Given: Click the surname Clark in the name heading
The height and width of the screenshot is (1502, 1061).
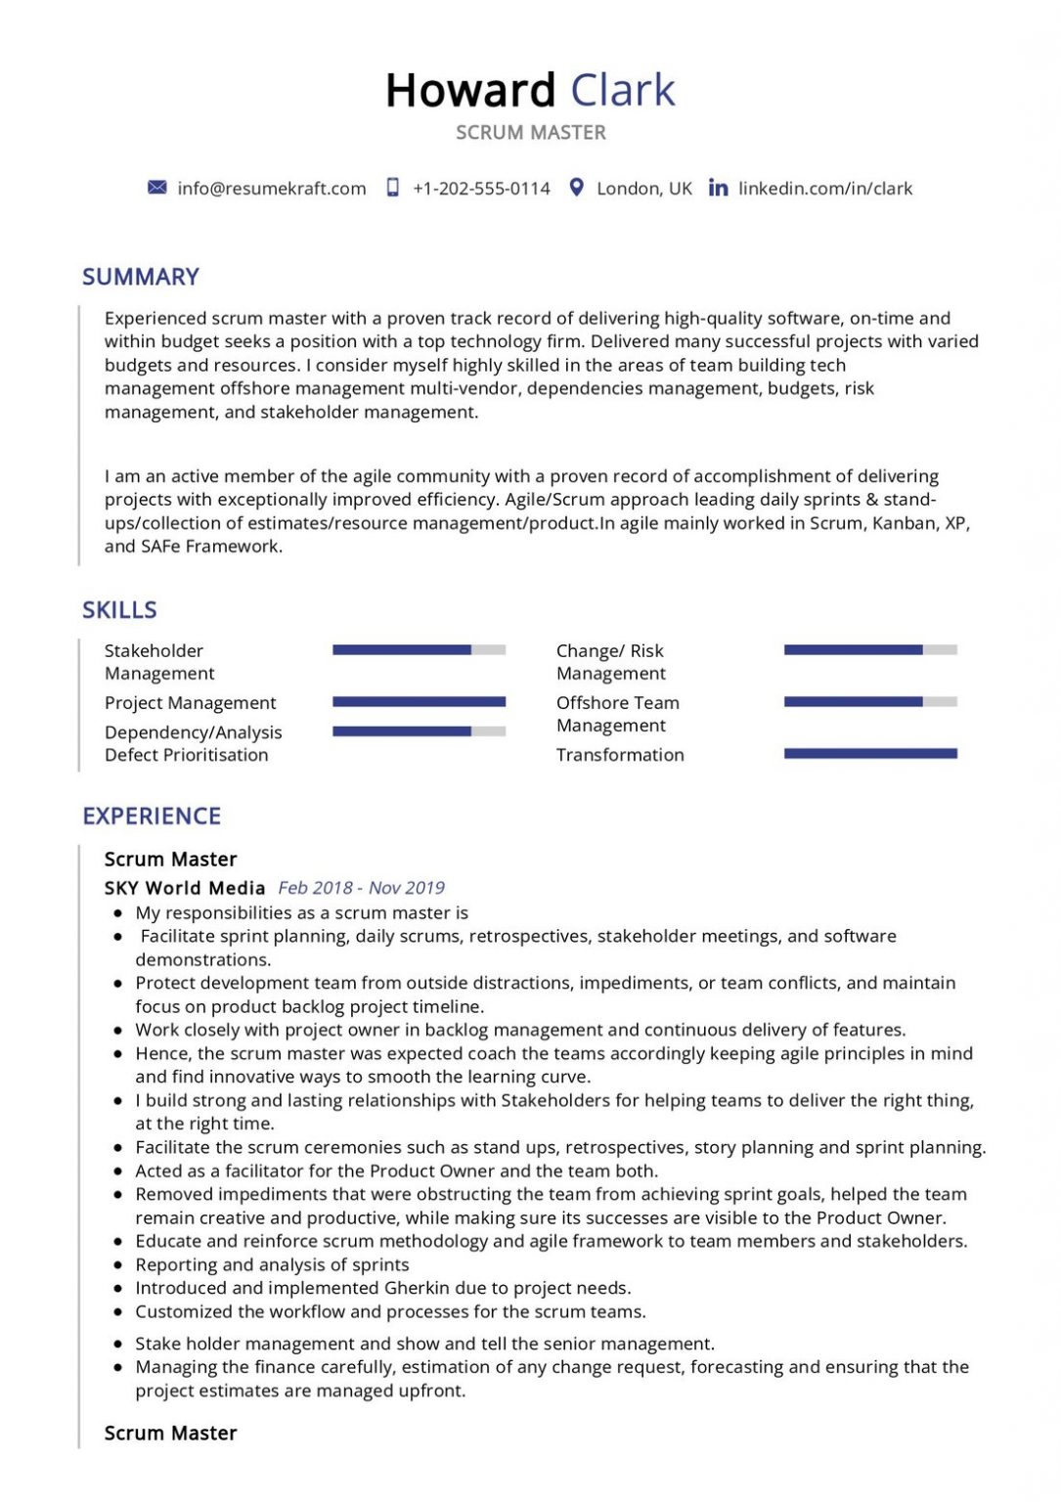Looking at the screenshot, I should click(622, 90).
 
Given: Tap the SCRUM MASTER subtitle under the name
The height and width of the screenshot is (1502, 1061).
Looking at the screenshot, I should click(531, 132).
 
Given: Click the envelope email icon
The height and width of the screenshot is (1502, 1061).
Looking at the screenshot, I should click(156, 187).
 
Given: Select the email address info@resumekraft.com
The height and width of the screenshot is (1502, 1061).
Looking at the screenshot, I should click(272, 189).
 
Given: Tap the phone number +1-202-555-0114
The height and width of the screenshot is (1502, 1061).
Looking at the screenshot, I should click(481, 189).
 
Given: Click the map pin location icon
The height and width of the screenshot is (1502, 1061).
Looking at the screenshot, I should click(577, 187).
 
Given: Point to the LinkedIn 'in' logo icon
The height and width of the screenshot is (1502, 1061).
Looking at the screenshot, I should click(718, 187).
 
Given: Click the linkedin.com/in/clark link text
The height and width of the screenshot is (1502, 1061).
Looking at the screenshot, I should click(825, 189).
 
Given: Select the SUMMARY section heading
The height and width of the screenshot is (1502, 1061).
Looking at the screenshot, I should click(141, 277).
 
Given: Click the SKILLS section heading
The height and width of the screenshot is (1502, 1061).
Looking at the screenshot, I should click(119, 610).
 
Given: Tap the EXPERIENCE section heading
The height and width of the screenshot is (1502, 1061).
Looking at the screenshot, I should click(152, 817).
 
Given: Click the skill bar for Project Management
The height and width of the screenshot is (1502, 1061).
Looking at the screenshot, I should click(419, 701).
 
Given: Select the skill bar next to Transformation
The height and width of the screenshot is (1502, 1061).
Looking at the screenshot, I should click(870, 753).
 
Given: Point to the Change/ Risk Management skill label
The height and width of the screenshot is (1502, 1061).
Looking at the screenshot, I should click(610, 662).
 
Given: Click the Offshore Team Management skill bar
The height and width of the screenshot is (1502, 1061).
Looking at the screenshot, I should click(870, 701).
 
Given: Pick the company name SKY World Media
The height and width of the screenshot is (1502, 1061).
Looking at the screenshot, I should click(185, 888).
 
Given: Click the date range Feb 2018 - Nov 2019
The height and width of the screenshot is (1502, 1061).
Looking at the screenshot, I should click(361, 888).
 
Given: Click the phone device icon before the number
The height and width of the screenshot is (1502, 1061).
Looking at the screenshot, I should click(393, 187).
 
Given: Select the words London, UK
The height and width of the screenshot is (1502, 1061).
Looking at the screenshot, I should click(643, 189).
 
